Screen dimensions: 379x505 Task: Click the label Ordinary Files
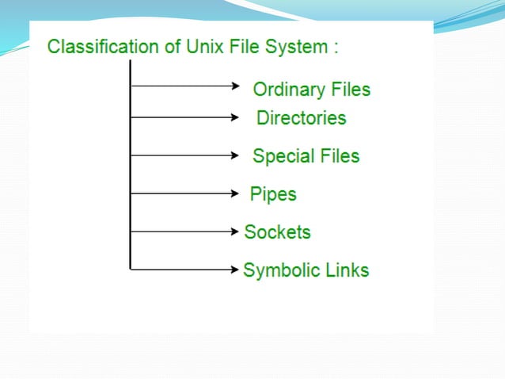click(x=311, y=89)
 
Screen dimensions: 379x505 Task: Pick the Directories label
click(x=301, y=118)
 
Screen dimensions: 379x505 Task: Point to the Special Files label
click(x=306, y=155)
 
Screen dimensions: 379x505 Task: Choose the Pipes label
click(x=273, y=193)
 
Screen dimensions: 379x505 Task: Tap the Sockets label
click(x=277, y=232)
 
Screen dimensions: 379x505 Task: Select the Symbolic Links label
click(x=306, y=270)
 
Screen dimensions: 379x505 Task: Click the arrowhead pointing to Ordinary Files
click(x=235, y=83)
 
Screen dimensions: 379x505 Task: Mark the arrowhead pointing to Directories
click(x=235, y=118)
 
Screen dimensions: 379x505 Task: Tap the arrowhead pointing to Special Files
click(x=235, y=155)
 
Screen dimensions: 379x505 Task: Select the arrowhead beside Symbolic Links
click(x=235, y=270)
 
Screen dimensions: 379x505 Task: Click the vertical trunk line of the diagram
click(x=130, y=174)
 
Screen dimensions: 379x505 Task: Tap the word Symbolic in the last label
click(x=279, y=270)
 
